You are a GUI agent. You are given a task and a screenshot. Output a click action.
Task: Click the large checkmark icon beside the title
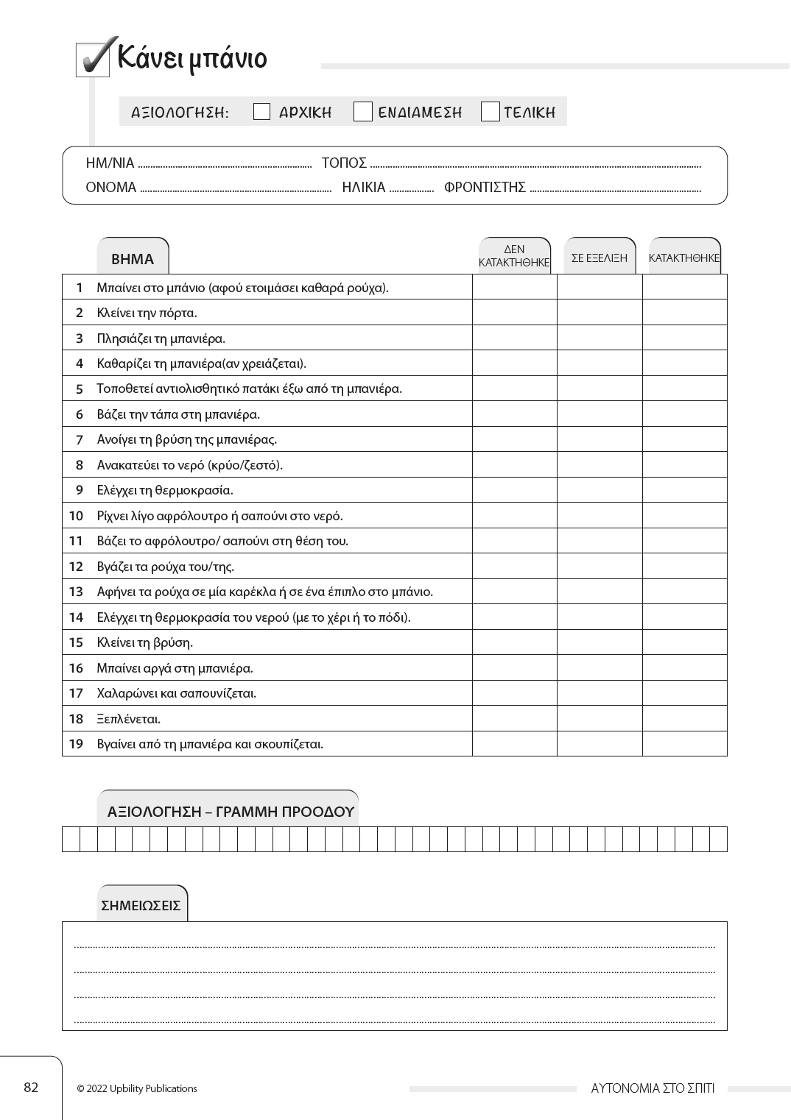(x=94, y=57)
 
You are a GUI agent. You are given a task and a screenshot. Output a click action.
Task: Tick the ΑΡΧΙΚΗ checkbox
(x=261, y=112)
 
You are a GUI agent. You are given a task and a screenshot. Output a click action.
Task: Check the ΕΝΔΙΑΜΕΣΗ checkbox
(x=362, y=112)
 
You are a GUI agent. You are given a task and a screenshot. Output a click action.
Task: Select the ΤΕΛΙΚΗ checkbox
(x=490, y=112)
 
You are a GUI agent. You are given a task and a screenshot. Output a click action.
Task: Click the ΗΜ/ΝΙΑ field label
(x=110, y=163)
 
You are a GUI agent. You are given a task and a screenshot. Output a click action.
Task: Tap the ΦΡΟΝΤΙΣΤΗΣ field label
(x=485, y=187)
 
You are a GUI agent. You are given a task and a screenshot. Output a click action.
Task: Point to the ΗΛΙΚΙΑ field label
(x=364, y=187)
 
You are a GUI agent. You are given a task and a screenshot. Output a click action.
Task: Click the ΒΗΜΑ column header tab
(x=133, y=259)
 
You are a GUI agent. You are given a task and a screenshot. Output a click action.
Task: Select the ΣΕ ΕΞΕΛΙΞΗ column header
(x=600, y=258)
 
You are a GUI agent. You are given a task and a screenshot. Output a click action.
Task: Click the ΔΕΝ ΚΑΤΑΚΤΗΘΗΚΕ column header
(x=514, y=256)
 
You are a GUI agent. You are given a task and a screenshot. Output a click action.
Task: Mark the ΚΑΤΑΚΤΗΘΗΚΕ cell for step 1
(x=684, y=287)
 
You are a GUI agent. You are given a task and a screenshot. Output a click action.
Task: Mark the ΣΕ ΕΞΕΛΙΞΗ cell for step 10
(x=600, y=515)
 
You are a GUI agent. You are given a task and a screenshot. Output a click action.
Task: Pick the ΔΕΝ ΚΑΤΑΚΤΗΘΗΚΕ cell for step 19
(x=514, y=743)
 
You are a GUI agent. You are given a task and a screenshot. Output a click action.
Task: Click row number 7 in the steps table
(x=80, y=439)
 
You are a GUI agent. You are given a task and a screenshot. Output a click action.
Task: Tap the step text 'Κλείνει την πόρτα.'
(x=147, y=313)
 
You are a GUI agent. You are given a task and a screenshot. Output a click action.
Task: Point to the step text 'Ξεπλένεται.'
(x=129, y=718)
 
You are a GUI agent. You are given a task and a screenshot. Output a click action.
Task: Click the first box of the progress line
(x=71, y=839)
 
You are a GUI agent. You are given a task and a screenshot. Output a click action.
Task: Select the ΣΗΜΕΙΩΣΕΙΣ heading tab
(x=141, y=905)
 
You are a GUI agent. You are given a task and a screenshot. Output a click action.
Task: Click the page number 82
(x=31, y=1088)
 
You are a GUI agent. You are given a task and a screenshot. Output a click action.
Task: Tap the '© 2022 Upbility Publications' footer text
(x=137, y=1088)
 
